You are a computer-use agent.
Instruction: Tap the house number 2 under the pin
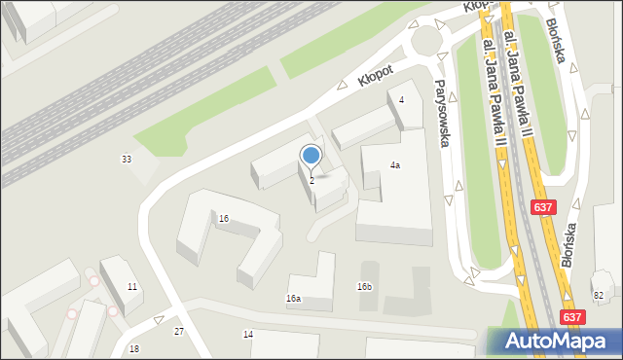(x=311, y=181)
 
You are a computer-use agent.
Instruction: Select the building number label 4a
(x=395, y=165)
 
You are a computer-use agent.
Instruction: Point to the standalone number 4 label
(x=401, y=100)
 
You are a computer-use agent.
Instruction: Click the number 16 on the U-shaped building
(x=224, y=219)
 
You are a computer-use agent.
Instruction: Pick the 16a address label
(x=293, y=299)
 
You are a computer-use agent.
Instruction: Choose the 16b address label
(x=364, y=287)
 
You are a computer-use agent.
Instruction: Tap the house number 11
(x=132, y=287)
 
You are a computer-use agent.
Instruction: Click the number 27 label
(x=179, y=332)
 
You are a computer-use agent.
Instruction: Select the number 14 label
(x=248, y=334)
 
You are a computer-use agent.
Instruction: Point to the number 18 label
(x=134, y=348)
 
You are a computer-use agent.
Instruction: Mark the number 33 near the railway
(x=127, y=159)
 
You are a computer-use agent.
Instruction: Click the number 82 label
(x=598, y=295)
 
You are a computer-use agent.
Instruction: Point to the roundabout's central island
(x=429, y=40)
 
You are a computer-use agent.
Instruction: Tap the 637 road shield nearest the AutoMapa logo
(x=574, y=316)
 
